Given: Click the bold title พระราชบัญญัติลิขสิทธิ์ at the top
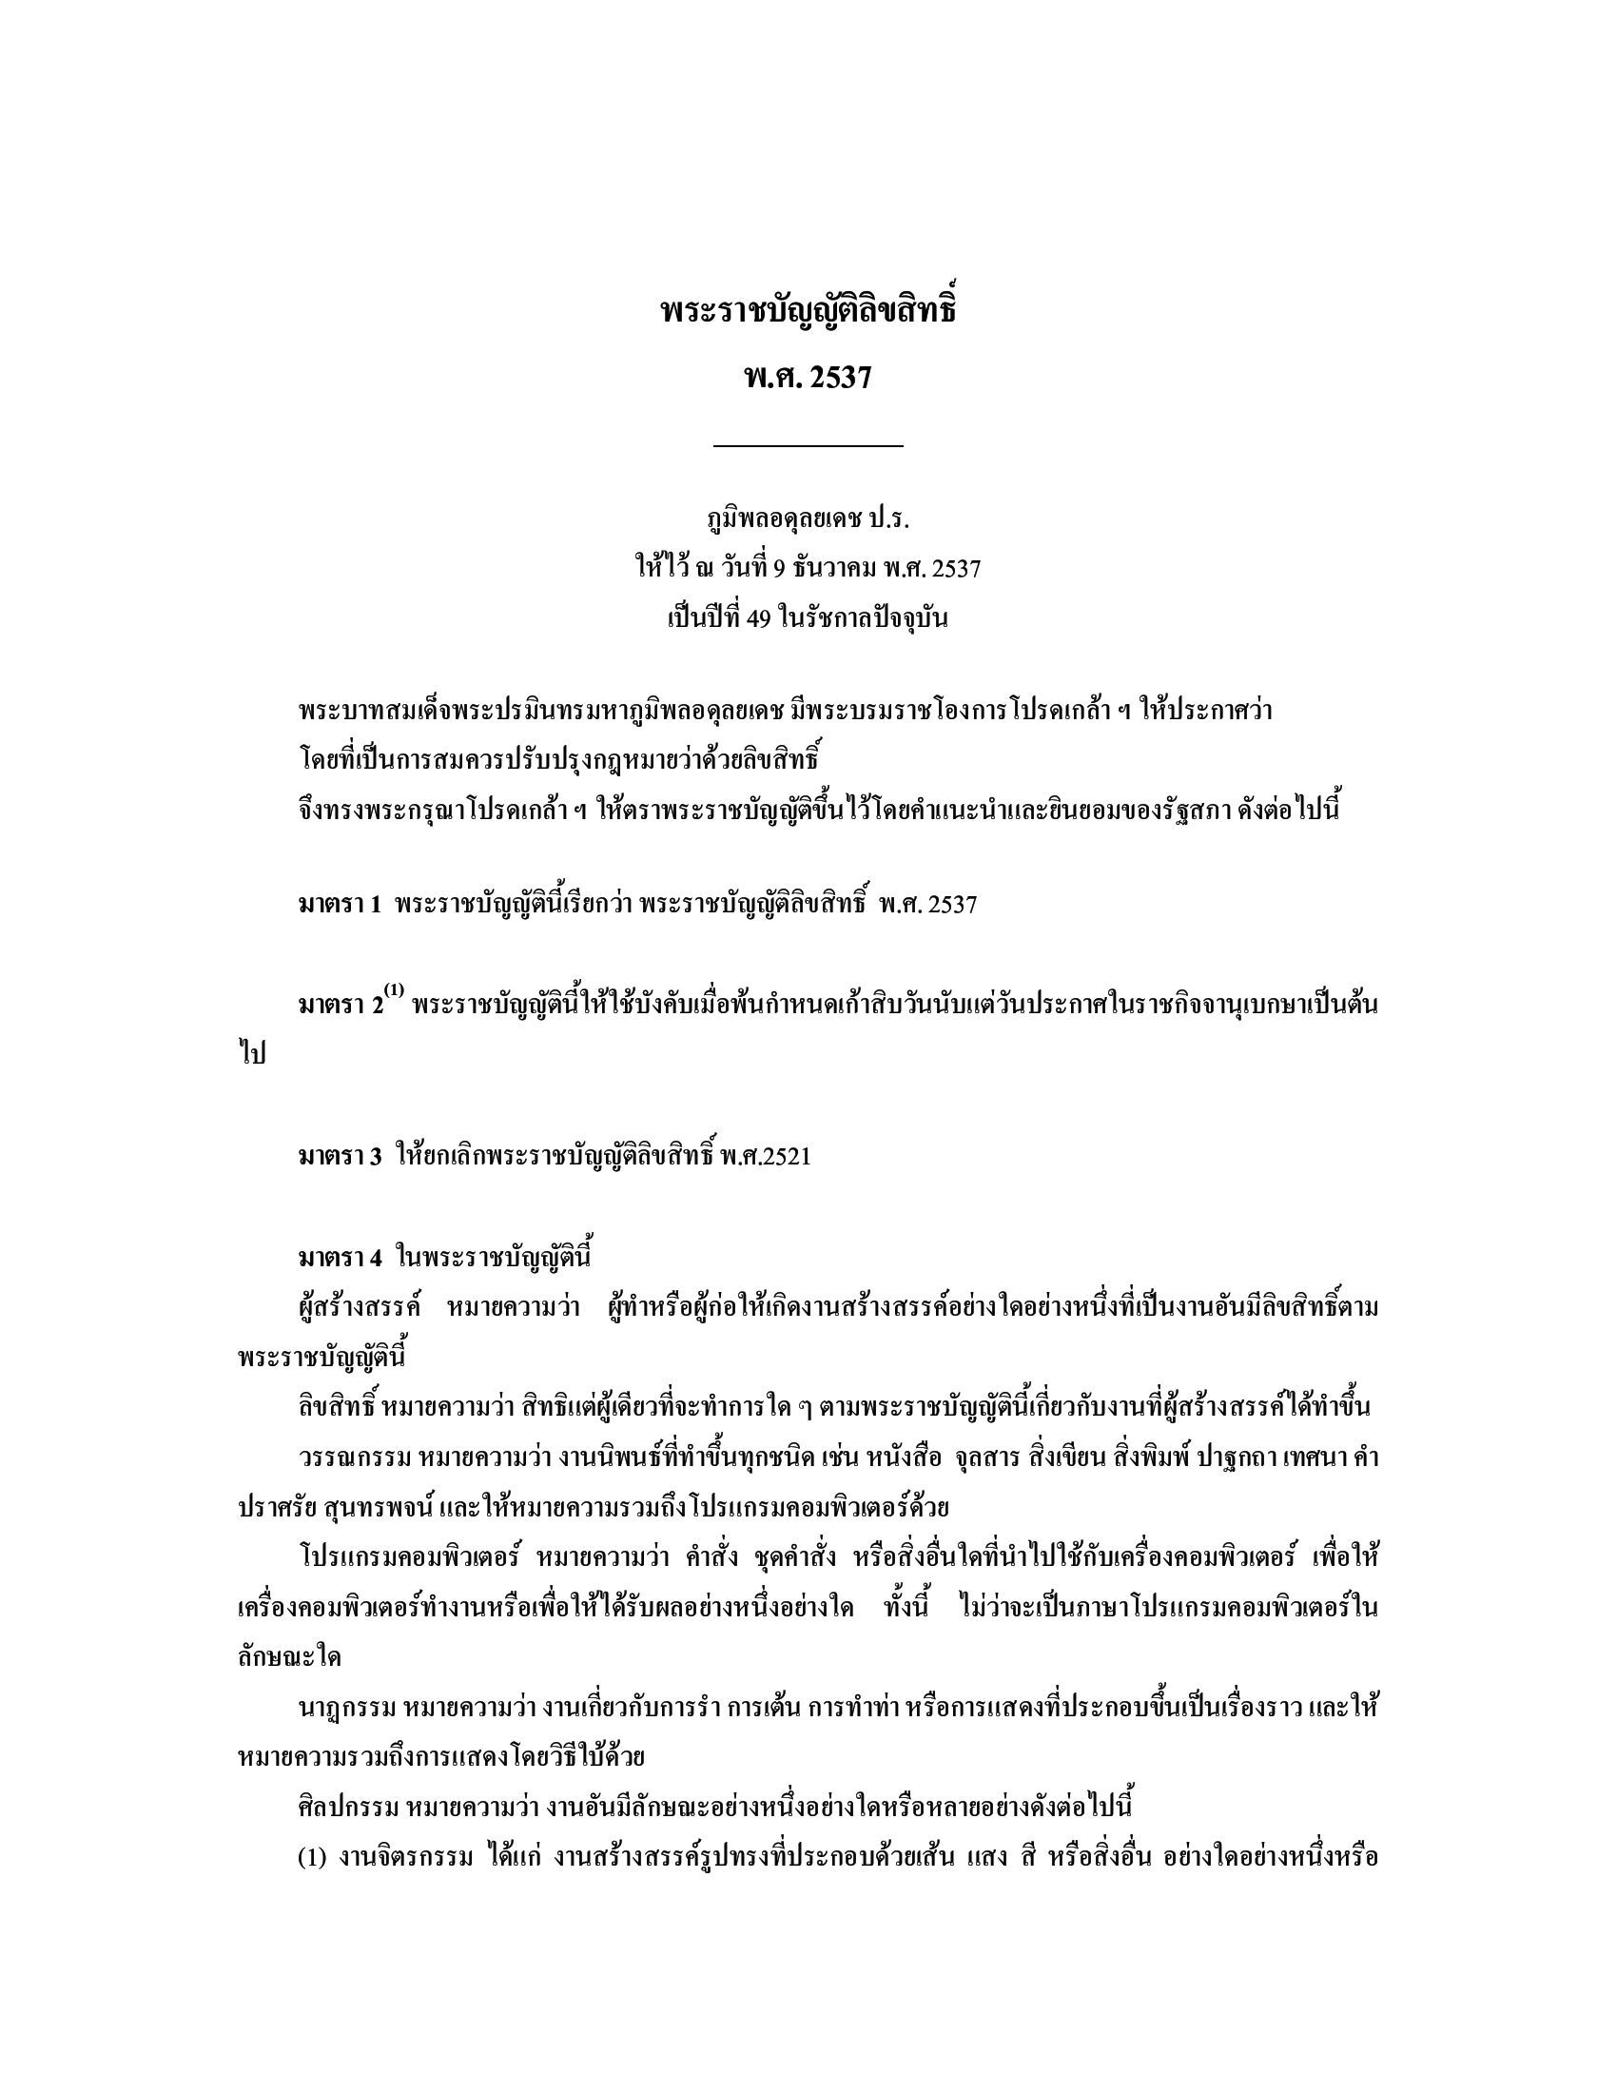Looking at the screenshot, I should pyautogui.click(x=808, y=312).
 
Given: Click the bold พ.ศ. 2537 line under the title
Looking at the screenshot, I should pyautogui.click(x=808, y=378).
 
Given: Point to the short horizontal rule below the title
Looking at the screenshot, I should pyautogui.click(x=808, y=445).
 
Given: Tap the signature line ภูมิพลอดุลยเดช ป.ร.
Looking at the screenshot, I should pyautogui.click(x=808, y=519).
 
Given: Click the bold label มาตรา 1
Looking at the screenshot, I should pyautogui.click(x=341, y=904).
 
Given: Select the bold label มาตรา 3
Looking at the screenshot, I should pyautogui.click(x=341, y=1156).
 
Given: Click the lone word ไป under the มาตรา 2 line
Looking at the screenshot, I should pyautogui.click(x=251, y=1055).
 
